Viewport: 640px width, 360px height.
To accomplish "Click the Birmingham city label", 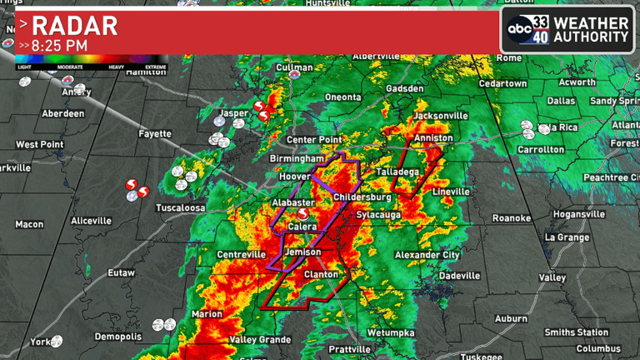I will (x=296, y=158).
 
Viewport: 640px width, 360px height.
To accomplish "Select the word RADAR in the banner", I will (x=74, y=24).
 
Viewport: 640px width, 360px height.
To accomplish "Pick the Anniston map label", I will (x=432, y=137).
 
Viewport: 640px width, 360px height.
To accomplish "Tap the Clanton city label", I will (x=321, y=274).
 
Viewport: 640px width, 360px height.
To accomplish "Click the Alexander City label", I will (x=427, y=254).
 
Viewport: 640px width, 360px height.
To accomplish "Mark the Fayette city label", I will (x=155, y=133).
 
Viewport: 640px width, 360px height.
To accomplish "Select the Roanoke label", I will (x=511, y=218).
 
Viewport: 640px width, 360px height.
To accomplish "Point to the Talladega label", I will (x=397, y=171).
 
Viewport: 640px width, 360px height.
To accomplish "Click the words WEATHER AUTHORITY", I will (x=590, y=29).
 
